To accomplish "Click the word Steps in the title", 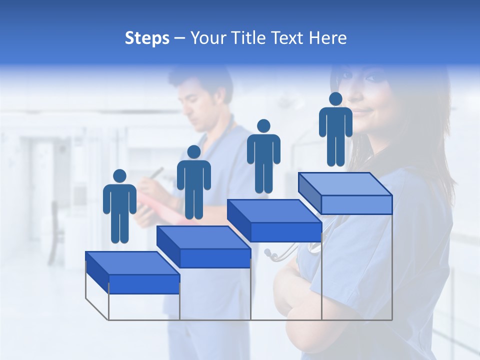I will pyautogui.click(x=147, y=38).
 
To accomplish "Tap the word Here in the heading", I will pyautogui.click(x=327, y=38).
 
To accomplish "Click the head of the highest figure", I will pyautogui.click(x=335, y=99).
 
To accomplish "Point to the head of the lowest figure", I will pyautogui.click(x=119, y=176).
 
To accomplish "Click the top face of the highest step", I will pyautogui.click(x=345, y=184).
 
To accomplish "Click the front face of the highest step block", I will pyautogui.click(x=356, y=204).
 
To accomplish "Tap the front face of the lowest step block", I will pyautogui.click(x=144, y=284).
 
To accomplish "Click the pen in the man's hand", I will pyautogui.click(x=157, y=173).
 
